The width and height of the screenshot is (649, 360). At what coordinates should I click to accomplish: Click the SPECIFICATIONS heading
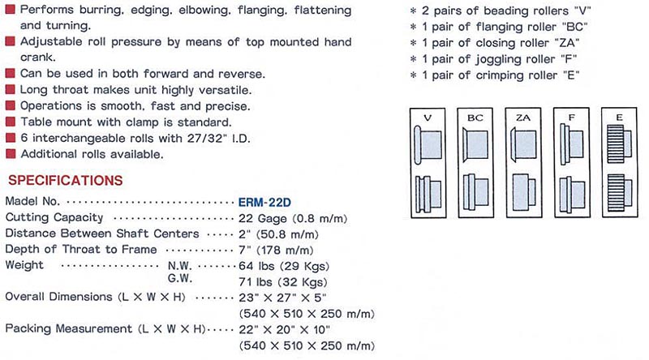click(x=64, y=179)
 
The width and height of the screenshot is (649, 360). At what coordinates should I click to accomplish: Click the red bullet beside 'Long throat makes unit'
click(x=10, y=90)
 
